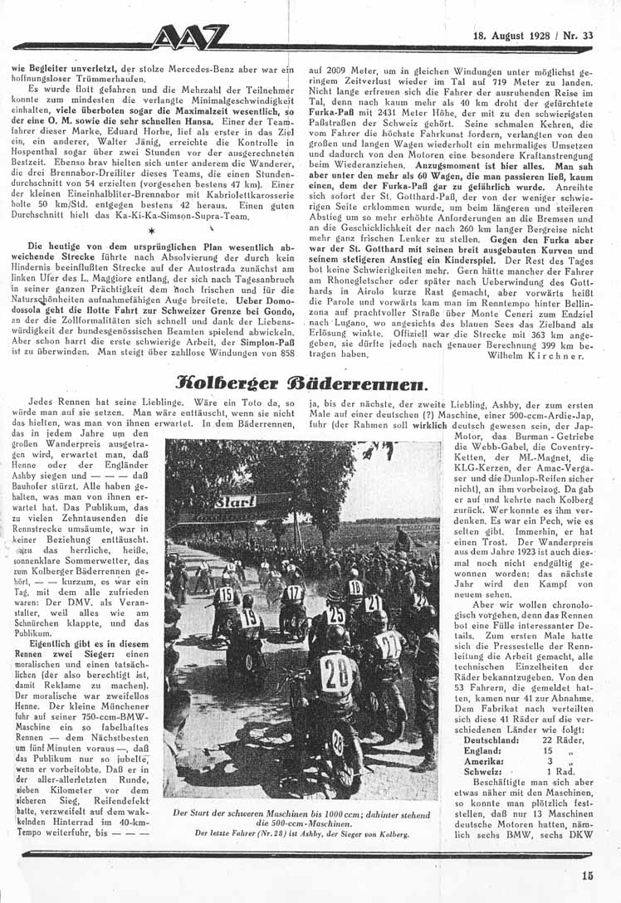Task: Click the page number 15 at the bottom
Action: (x=588, y=874)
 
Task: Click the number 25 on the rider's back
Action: (x=335, y=615)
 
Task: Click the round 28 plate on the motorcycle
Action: (x=338, y=740)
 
